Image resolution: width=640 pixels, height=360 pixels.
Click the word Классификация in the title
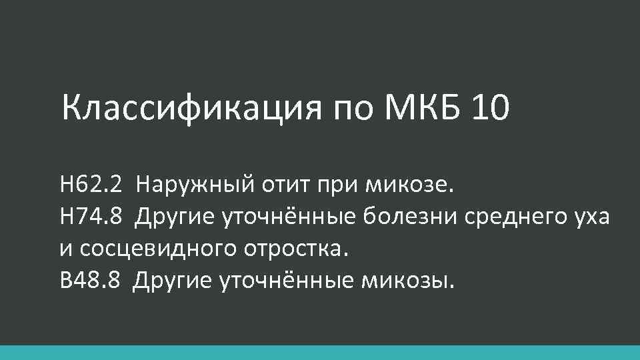tap(187, 107)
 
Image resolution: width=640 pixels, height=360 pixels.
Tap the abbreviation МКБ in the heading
tap(413, 107)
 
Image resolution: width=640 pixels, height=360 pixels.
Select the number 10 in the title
tap(489, 107)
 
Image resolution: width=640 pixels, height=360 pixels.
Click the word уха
tap(589, 217)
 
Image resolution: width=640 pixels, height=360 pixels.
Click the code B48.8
tap(89, 281)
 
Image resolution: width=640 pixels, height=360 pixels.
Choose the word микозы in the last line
tap(409, 281)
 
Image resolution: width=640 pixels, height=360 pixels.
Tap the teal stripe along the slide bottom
tap(320, 353)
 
